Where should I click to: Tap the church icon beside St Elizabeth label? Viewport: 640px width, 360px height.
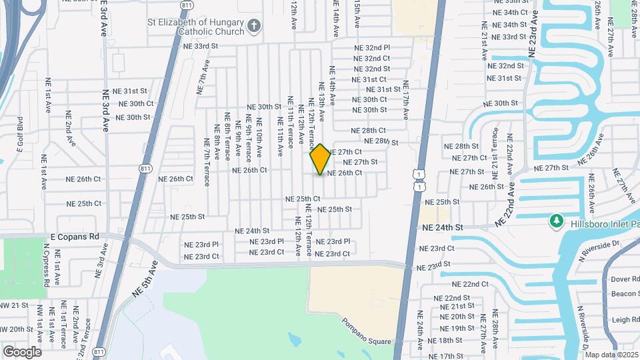pos(253,26)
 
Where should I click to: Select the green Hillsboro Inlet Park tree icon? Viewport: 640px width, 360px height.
pos(555,220)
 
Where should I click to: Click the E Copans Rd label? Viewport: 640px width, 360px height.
pos(75,236)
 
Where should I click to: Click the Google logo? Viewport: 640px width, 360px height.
pos(22,352)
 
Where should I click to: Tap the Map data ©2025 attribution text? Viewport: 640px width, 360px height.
pos(612,355)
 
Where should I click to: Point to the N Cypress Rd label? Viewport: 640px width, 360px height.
pos(47,265)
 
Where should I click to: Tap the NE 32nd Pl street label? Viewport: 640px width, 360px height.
pos(371,48)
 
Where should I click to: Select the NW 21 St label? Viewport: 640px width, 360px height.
pos(15,305)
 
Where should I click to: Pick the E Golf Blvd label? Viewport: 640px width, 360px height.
pos(20,133)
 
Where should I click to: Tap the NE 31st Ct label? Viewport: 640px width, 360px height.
pos(369,79)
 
